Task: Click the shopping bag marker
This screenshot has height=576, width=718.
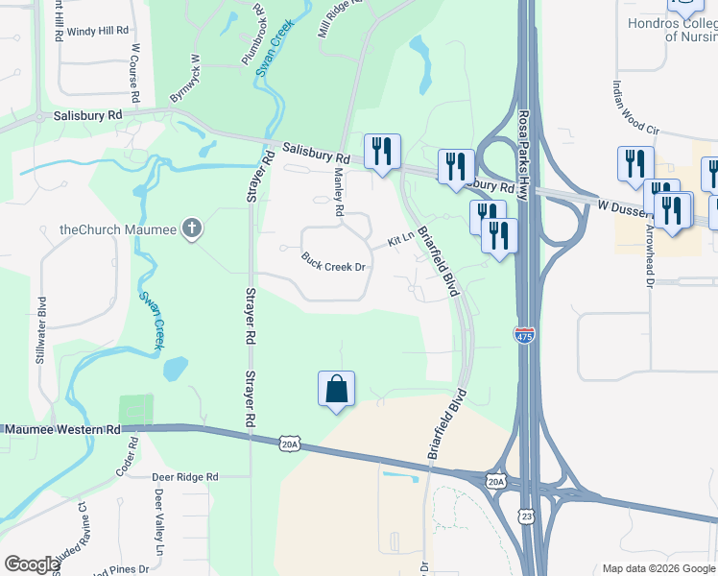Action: point(336,389)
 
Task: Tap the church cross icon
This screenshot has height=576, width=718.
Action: point(192,228)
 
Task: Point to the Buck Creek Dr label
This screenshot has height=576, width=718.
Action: point(334,261)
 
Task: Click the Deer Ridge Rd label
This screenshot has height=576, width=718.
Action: point(185,476)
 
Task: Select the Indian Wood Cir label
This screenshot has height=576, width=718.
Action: point(635,106)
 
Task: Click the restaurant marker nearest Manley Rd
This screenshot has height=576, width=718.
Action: point(382,152)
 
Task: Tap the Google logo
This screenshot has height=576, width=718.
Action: point(33,564)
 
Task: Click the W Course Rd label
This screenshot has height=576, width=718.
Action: point(136,72)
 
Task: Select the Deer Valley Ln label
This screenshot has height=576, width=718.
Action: point(159,518)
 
